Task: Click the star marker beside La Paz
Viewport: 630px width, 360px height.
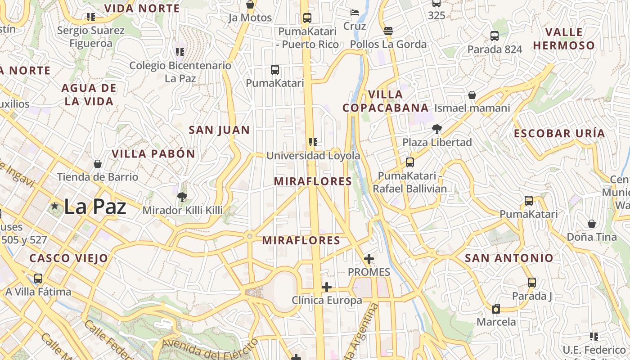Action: [x=55, y=206]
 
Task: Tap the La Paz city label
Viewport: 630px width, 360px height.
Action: [x=95, y=207]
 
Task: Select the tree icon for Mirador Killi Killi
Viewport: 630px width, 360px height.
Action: [x=182, y=197]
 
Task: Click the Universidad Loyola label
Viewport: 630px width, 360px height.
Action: [x=313, y=156]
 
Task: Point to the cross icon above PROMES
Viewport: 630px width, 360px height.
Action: [x=369, y=259]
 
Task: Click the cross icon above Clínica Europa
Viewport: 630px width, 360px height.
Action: [x=327, y=287]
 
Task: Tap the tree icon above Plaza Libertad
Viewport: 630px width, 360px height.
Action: [x=436, y=129]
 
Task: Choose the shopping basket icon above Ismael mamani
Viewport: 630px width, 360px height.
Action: [x=472, y=95]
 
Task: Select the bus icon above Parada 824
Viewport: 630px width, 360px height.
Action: [x=494, y=36]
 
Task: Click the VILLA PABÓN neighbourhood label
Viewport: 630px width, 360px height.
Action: [x=153, y=154]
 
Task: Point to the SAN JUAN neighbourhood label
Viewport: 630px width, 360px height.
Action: [x=219, y=130]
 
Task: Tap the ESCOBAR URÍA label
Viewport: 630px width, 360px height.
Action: [x=559, y=134]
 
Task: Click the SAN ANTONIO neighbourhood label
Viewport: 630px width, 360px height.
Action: [x=509, y=258]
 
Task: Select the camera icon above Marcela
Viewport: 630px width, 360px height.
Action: [x=496, y=309]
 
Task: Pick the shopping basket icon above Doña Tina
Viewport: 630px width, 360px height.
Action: [x=592, y=224]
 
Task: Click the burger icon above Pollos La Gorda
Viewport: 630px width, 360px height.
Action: [x=388, y=31]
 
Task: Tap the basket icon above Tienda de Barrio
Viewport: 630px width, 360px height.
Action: [x=98, y=164]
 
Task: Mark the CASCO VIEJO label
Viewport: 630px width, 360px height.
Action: [x=69, y=258]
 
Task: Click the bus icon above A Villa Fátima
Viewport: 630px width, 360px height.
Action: [x=38, y=279]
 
